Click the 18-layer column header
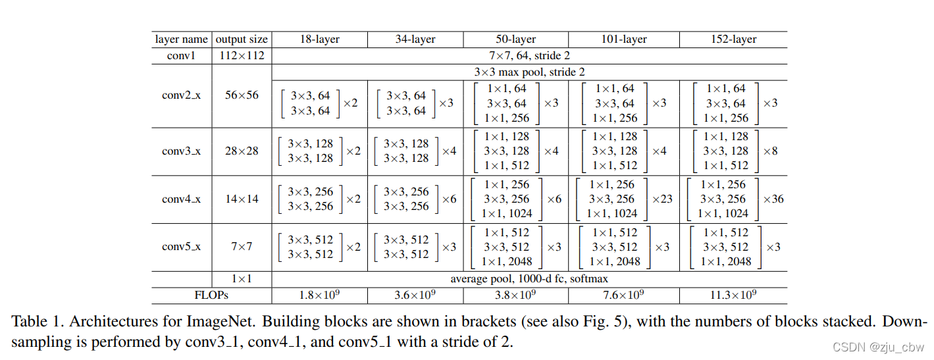(319, 39)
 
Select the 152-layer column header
(733, 39)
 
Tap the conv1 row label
(181, 55)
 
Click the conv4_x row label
(181, 199)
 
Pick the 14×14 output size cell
(242, 199)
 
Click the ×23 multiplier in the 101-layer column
(662, 199)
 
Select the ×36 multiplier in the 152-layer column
(773, 199)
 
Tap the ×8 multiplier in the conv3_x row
(770, 151)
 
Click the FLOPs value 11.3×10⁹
(733, 296)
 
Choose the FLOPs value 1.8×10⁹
(319, 296)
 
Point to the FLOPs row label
(211, 296)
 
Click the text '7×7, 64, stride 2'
(529, 55)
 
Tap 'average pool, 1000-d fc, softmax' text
(529, 279)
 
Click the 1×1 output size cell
(242, 279)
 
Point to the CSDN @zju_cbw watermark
(879, 347)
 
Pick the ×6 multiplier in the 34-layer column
(449, 199)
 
